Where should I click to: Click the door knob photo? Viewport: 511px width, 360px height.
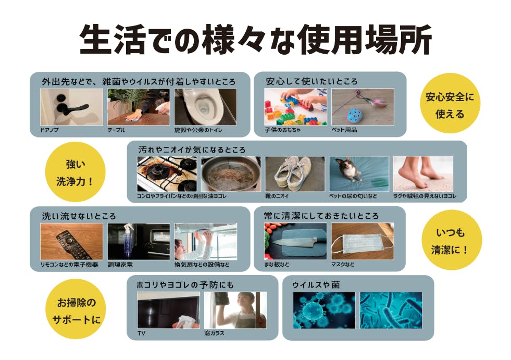pos(71,107)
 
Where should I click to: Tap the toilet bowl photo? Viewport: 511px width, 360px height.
pos(206,107)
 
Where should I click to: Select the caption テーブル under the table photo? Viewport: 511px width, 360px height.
pos(116,130)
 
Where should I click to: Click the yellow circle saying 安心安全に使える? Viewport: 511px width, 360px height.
pos(450,105)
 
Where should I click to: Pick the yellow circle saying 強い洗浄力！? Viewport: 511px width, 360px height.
pos(76,172)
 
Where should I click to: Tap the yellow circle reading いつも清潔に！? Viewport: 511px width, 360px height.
pos(451,241)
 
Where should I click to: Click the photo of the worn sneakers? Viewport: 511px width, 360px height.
pos(295,174)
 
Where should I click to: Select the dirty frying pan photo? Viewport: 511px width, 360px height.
pos(231,174)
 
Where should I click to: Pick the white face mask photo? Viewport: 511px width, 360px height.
pos(363,241)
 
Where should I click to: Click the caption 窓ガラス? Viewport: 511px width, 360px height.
pos(214,333)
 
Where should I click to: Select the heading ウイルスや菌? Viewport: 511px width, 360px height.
pos(316,285)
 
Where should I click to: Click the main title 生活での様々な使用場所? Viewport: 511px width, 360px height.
pos(255,40)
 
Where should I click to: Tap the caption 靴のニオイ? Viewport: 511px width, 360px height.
pos(277,196)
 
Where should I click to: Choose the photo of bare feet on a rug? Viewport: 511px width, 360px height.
pos(423,174)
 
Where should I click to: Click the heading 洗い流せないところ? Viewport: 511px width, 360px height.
pos(79,216)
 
